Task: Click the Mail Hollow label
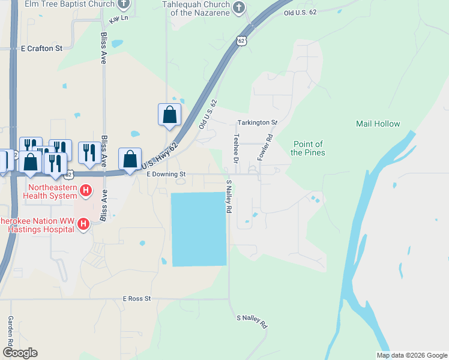coord(378,124)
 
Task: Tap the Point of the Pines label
coord(308,148)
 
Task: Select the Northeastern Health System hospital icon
coord(86,191)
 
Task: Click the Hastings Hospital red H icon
coord(83,225)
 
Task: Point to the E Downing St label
coord(167,174)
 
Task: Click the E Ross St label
coord(137,298)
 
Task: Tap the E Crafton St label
coord(41,48)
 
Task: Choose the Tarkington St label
coord(257,122)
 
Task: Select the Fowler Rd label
coord(265,146)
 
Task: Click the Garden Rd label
coord(11,331)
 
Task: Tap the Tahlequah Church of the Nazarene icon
coord(239,7)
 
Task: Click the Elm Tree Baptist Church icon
coord(124,5)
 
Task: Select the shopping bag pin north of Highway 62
coord(169,114)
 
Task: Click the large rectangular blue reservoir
coord(199,229)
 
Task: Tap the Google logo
coord(20,353)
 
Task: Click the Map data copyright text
coord(412,355)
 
